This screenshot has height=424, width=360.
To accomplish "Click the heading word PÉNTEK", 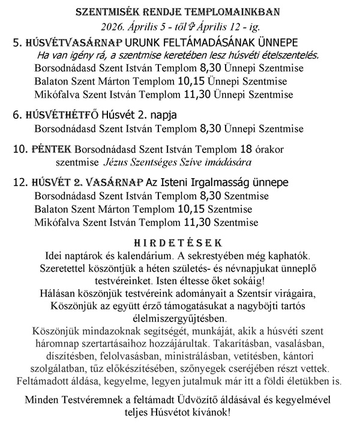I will tap(50, 148).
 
